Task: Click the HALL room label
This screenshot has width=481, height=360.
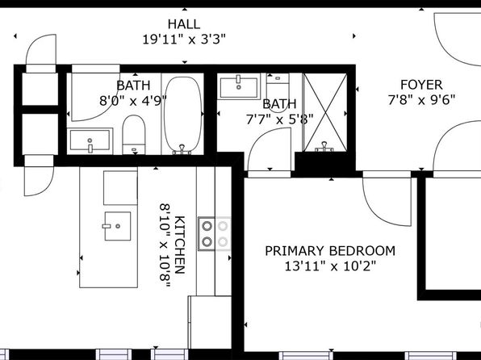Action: pos(184,24)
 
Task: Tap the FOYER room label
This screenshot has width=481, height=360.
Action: pos(421,85)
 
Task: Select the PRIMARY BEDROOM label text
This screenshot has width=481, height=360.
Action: pos(330,251)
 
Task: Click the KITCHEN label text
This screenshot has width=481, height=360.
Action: pos(180,245)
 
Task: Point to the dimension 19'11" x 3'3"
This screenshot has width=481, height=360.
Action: pos(184,40)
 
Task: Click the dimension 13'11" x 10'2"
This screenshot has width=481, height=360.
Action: pos(330,266)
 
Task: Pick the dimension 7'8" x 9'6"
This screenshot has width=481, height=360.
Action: pos(421,100)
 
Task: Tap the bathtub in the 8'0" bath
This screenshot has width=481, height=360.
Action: pos(183,115)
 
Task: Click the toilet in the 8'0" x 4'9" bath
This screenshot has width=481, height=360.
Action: pos(134,135)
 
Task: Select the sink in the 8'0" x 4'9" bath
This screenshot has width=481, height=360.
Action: pos(90,141)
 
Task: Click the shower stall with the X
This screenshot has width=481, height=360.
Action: pos(325,112)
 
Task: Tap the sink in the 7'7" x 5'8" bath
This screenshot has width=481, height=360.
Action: pos(239,86)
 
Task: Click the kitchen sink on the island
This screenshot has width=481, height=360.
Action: pos(118,226)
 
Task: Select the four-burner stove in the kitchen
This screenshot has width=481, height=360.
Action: pos(215,233)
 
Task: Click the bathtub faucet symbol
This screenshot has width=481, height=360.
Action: pos(182,149)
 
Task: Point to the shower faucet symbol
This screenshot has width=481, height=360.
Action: pos(324,147)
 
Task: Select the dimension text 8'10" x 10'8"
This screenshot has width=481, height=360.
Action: pos(165,245)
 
